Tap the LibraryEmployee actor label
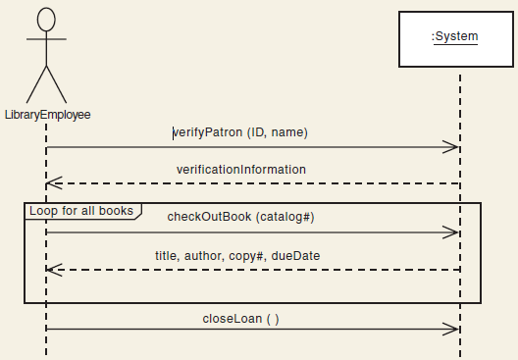47,115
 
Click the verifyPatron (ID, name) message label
240,131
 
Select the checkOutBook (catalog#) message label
240,217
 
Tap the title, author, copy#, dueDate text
237,255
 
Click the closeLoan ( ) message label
240,319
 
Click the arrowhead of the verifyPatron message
452,147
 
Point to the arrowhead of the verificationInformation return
53,183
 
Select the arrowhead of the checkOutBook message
452,232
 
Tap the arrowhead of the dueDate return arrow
53,269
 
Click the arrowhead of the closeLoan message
452,329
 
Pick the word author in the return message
203,255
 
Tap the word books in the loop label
121,210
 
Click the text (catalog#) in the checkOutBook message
285,217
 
